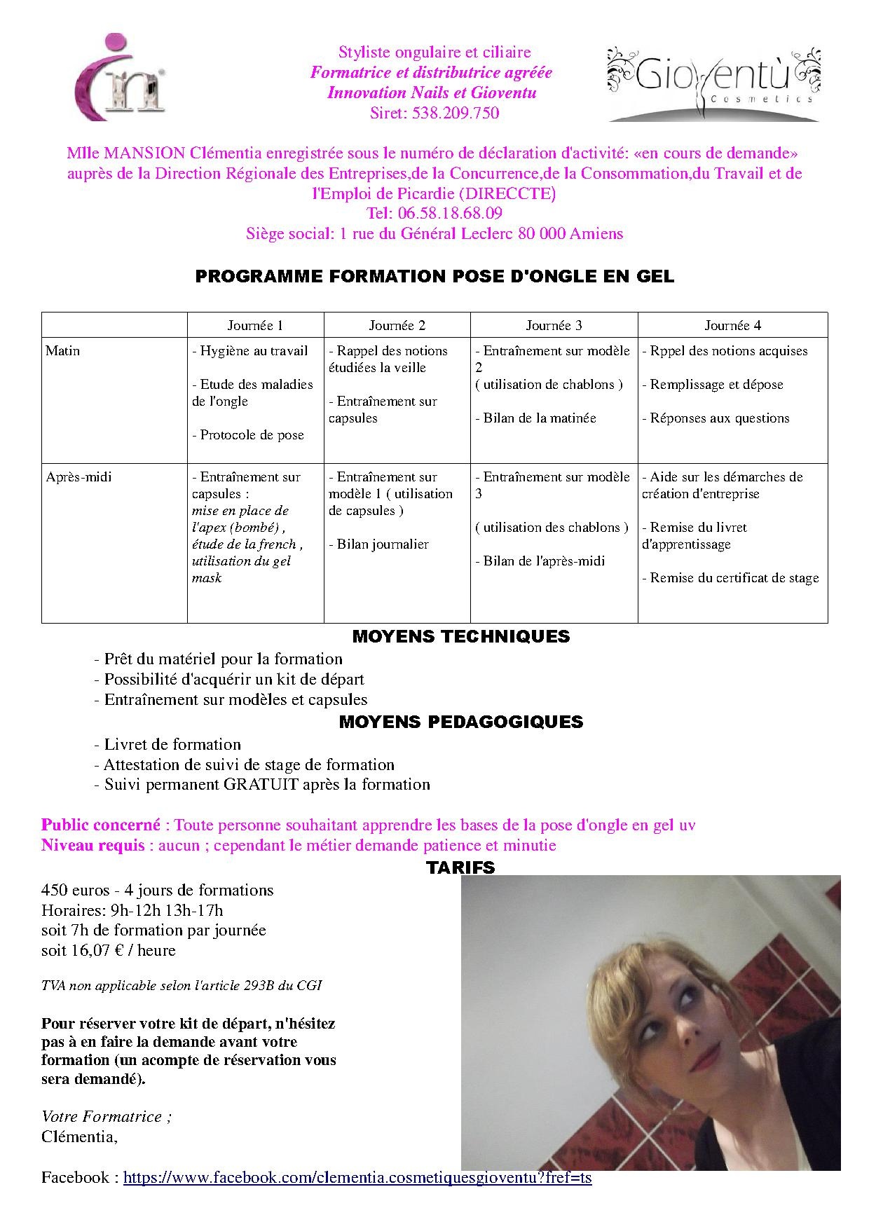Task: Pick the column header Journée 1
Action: click(255, 325)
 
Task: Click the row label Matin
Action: click(62, 351)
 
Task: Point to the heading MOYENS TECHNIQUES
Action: click(460, 636)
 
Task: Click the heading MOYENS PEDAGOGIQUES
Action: click(460, 722)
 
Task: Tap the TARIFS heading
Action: click(460, 867)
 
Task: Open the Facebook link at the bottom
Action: click(357, 1177)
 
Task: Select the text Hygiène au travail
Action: click(254, 351)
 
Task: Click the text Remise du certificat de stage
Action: click(734, 578)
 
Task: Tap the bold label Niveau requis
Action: click(93, 845)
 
